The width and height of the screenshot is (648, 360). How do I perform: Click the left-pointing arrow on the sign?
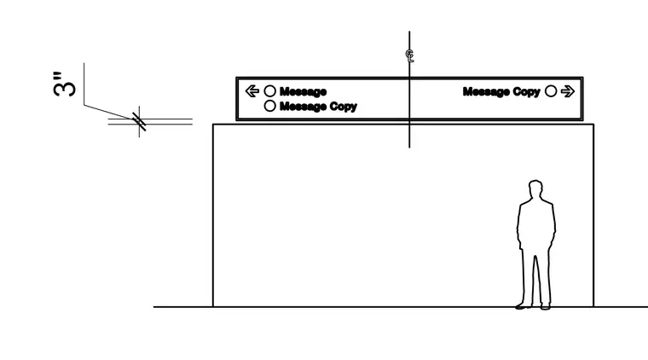(252, 91)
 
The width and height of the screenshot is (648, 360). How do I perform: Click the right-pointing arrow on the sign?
(568, 91)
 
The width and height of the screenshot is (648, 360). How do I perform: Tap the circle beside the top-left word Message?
(270, 91)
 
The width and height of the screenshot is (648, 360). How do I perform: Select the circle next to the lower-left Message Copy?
(270, 106)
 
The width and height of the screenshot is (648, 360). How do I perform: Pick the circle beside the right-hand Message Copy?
(551, 91)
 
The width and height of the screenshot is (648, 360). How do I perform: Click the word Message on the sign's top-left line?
(303, 91)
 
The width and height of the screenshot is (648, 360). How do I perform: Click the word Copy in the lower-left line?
(344, 107)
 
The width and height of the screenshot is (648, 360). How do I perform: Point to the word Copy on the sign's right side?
(527, 92)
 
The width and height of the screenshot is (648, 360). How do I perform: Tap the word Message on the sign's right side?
(486, 91)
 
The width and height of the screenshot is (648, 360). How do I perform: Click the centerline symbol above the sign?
(409, 55)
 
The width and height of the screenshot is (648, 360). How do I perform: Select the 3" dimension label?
(65, 84)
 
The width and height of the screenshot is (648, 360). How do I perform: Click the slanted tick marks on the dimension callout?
(139, 121)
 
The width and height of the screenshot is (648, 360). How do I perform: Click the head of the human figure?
(535, 189)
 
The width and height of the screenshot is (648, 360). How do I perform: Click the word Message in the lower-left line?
(303, 107)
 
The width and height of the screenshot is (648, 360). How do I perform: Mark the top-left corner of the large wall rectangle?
(213, 124)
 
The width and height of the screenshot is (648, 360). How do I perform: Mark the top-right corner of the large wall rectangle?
(594, 124)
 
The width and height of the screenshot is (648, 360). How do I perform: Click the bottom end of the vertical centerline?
(409, 148)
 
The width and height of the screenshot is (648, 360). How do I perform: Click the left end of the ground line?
(153, 307)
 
